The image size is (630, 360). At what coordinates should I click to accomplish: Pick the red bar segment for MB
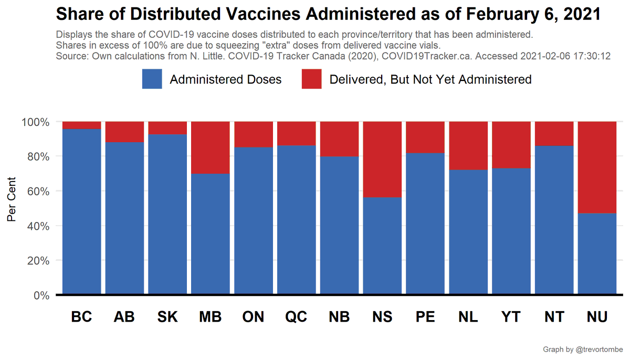[211, 147]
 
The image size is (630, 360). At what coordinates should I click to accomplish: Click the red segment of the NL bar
[468, 145]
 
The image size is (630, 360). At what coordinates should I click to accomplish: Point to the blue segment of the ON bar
[254, 220]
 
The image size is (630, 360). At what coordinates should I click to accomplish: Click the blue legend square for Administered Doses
[152, 79]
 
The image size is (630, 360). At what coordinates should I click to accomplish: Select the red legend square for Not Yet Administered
[312, 79]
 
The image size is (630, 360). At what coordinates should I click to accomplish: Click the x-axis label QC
[297, 317]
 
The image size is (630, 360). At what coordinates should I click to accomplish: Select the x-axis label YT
[511, 317]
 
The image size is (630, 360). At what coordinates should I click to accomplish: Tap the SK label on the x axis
[167, 317]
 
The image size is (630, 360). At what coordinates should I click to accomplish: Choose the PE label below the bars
[425, 317]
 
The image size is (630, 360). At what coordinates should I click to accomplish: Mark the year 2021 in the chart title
[583, 14]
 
